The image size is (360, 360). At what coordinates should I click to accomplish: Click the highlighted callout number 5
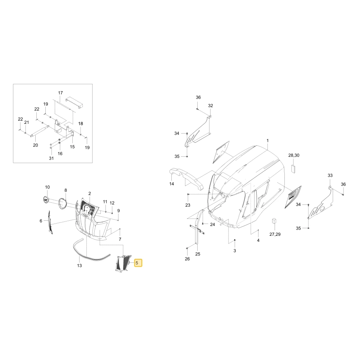[x=137, y=263]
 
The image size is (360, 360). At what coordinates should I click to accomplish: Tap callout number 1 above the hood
[x=267, y=140]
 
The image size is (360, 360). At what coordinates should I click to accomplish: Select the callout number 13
[x=80, y=265]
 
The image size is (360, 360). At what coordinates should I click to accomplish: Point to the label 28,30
[x=294, y=156]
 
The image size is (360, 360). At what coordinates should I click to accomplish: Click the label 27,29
[x=275, y=234]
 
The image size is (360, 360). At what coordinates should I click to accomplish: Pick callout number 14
[x=172, y=184]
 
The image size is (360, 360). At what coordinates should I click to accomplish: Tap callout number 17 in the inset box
[x=60, y=93]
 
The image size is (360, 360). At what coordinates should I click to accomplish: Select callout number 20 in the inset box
[x=35, y=145]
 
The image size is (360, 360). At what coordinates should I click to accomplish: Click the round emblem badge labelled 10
[x=46, y=199]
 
